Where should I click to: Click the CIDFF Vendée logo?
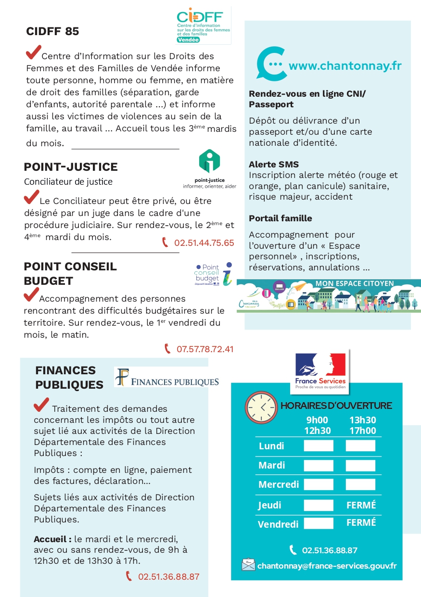point(204,25)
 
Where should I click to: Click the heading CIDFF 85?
point(52,32)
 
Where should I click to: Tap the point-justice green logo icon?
point(209,161)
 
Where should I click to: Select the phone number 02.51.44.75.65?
point(204,243)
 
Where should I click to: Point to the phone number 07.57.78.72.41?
point(205,349)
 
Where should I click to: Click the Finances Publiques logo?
point(167,377)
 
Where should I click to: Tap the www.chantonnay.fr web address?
point(344,66)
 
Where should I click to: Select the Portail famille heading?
point(280,218)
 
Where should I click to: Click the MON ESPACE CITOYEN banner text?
point(354,284)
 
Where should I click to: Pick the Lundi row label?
point(271,446)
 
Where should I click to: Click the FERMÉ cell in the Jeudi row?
point(361,505)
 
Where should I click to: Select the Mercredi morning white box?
point(318,484)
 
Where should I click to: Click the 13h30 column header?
point(362,420)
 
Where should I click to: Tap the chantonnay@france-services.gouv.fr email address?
point(327,566)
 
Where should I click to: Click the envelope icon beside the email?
point(248,564)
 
